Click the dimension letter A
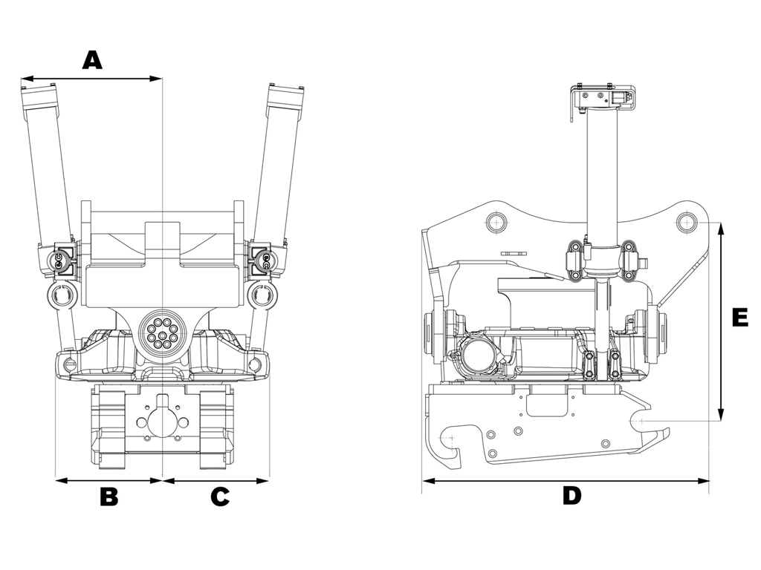pyautogui.click(x=91, y=59)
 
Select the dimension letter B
pyautogui.click(x=109, y=497)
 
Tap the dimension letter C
pyautogui.click(x=219, y=497)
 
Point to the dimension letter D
pyautogui.click(x=571, y=496)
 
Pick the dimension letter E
pyautogui.click(x=739, y=317)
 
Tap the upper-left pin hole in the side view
pyautogui.click(x=496, y=221)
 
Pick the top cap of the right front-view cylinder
pyautogui.click(x=288, y=92)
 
